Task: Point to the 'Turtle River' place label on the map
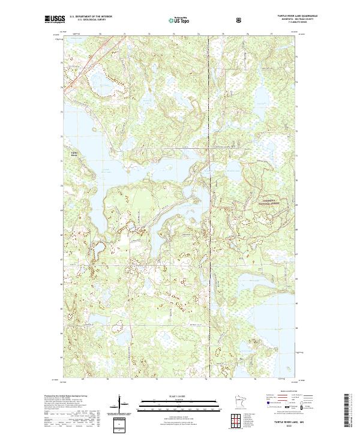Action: point(75,153)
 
